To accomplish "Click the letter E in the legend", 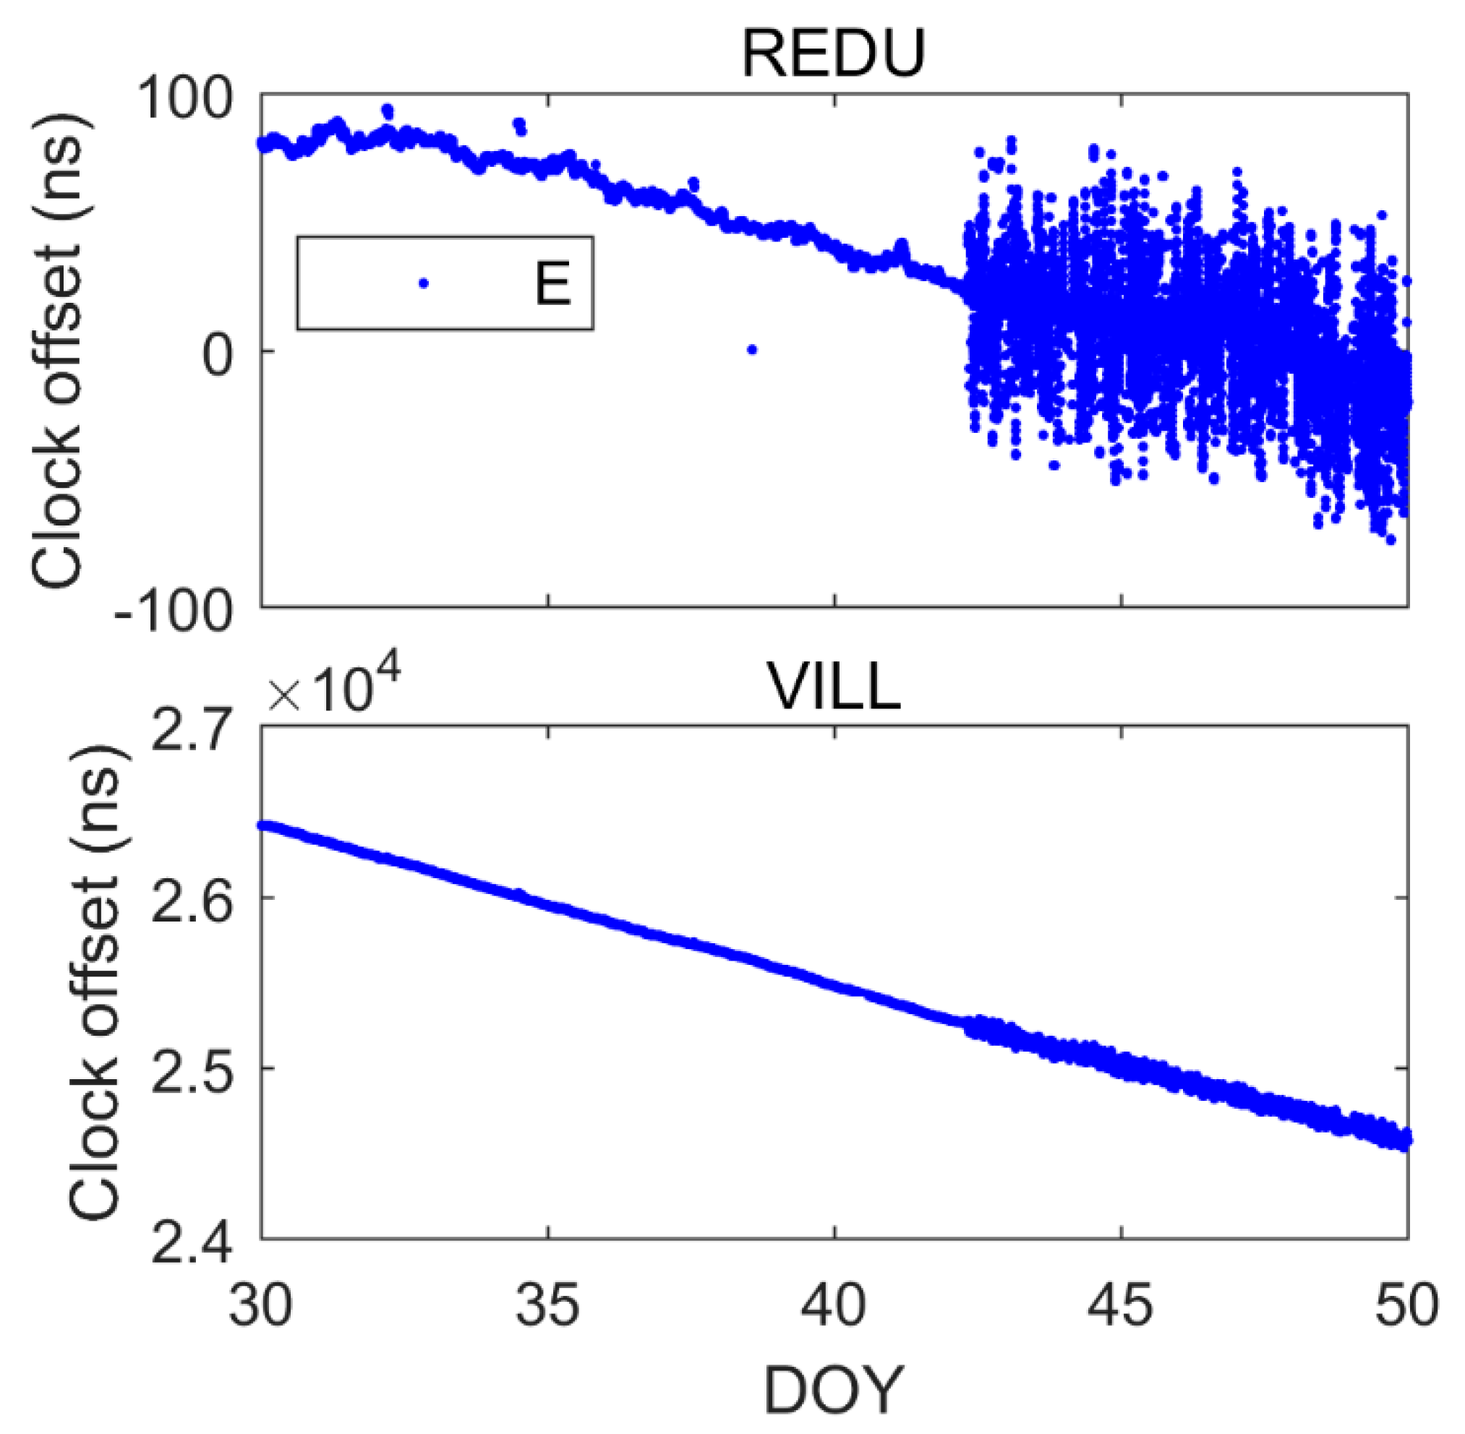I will (552, 284).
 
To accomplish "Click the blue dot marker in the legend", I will (424, 283).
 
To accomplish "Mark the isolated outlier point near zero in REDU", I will (751, 349).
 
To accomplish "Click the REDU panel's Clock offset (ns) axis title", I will (56, 351).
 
